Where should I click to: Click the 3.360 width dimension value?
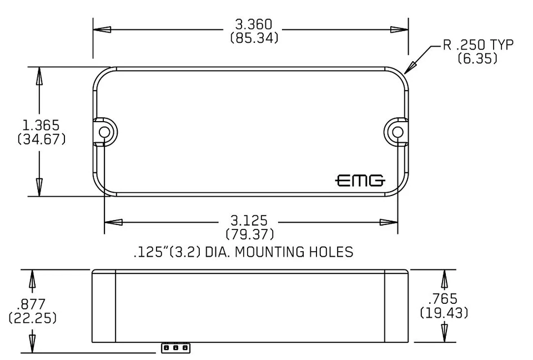tap(254, 25)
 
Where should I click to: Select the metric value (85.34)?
tap(254, 39)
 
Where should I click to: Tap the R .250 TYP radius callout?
tap(477, 45)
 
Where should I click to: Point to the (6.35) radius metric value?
tap(477, 58)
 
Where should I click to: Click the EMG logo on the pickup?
tap(360, 181)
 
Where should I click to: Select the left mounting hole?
tap(104, 131)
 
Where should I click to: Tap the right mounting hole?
tap(397, 131)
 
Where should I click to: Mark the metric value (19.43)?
tap(444, 313)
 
